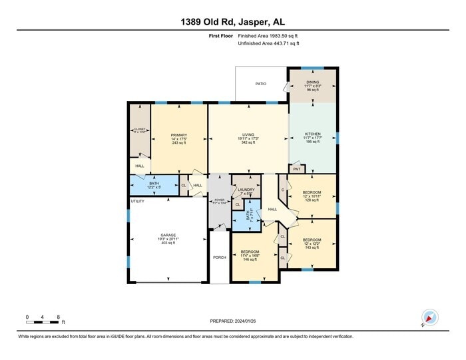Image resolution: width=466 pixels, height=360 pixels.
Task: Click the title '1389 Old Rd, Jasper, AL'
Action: pyautogui.click(x=232, y=21)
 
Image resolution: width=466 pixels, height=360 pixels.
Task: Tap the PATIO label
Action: pyautogui.click(x=262, y=85)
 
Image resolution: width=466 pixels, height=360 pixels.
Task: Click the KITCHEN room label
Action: pyautogui.click(x=313, y=134)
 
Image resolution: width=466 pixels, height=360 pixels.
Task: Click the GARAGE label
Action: pyautogui.click(x=168, y=238)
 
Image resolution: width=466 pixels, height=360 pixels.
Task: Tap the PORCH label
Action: pyautogui.click(x=219, y=257)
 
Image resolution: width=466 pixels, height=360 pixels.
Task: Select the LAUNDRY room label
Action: pyautogui.click(x=246, y=190)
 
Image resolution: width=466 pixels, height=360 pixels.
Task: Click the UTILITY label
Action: pyautogui.click(x=137, y=201)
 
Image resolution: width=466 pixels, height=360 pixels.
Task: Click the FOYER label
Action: pyautogui.click(x=219, y=200)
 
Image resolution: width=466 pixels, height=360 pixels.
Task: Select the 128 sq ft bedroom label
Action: pyautogui.click(x=312, y=194)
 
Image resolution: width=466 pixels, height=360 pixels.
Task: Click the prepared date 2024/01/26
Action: pyautogui.click(x=232, y=321)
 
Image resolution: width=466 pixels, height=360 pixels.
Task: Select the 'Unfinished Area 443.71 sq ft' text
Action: pyautogui.click(x=268, y=43)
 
